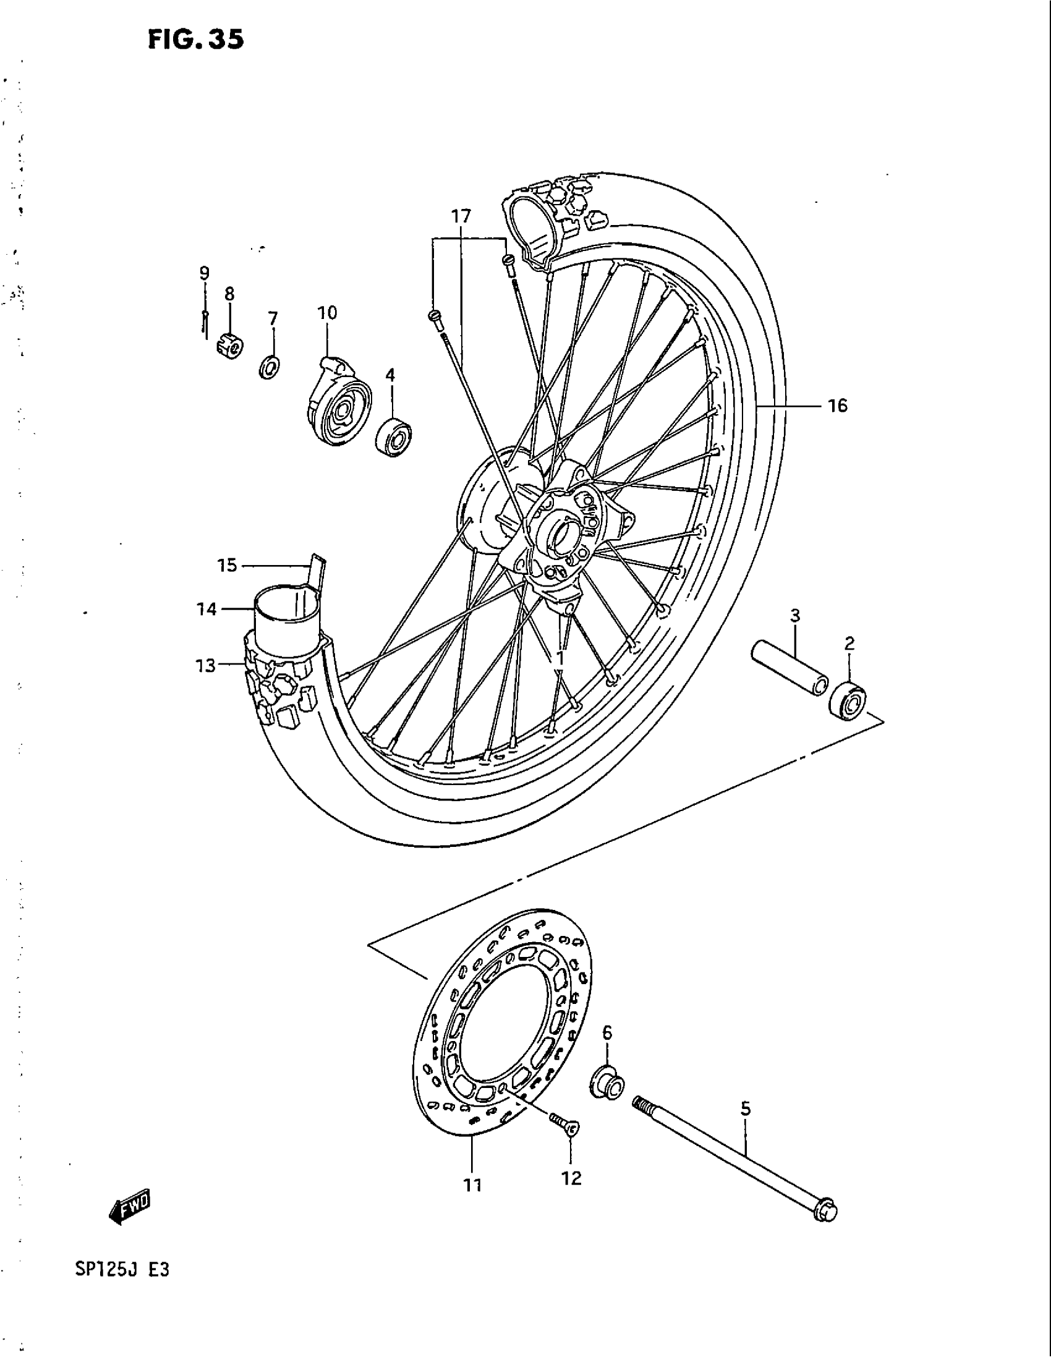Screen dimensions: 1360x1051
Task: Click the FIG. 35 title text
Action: coord(196,40)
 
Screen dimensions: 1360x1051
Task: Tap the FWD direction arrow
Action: coord(130,1209)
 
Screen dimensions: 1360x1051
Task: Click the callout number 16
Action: coord(838,406)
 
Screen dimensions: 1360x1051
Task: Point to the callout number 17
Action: coord(461,217)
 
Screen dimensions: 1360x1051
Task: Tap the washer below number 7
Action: coord(270,368)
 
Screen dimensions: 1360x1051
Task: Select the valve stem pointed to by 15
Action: coord(317,571)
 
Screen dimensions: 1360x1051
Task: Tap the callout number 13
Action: coord(205,666)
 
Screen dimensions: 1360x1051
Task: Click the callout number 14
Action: coord(207,609)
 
